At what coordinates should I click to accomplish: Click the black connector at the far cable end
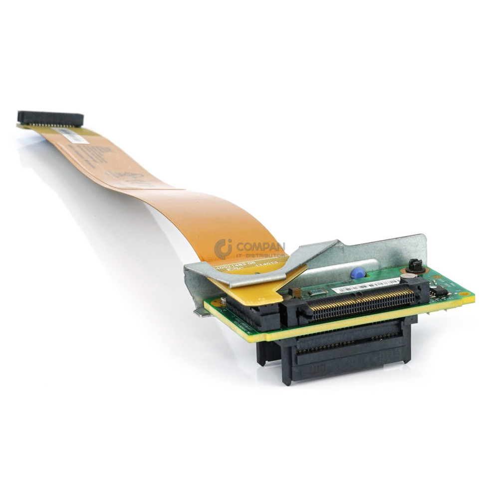coord(50,118)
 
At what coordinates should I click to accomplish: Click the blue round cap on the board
coord(356,273)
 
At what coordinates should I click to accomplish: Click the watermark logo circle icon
coord(223,249)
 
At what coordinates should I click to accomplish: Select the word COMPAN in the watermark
coord(260,247)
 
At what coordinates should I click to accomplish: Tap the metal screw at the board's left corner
coord(224,301)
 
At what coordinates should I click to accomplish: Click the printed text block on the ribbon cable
coord(92,155)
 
